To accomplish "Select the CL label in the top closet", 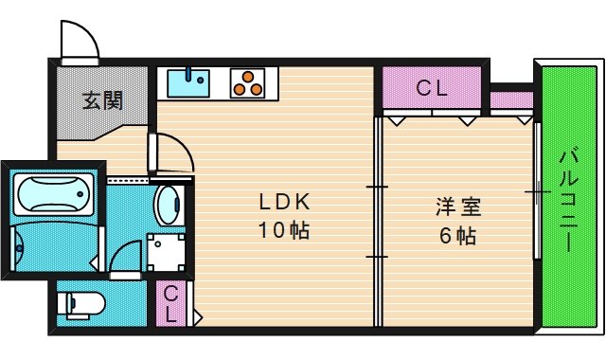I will point(432,89).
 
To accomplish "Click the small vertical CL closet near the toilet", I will point(171,305).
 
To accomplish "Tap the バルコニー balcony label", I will point(567,199).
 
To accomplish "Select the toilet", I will point(81,304).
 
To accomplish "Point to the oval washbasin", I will point(168,204).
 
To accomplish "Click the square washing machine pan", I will point(167,252).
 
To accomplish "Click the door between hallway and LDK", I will point(171,153).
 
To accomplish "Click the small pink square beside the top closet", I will point(511,99).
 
